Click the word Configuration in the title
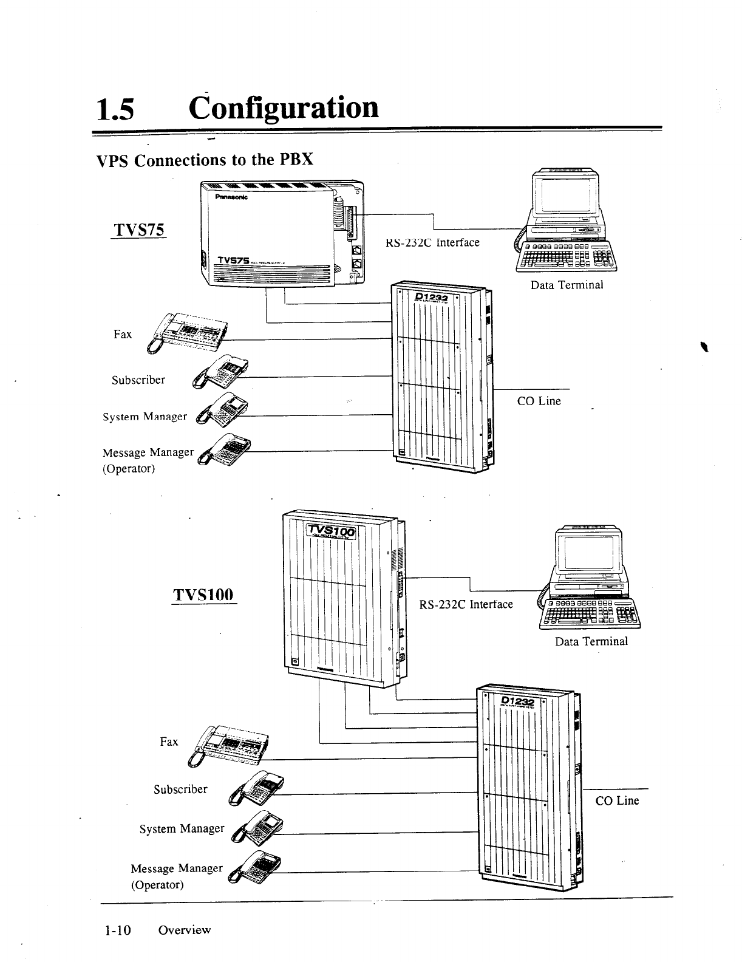284,107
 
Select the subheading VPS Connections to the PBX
205,160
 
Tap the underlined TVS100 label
203,594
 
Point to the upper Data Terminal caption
567,285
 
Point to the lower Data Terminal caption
591,641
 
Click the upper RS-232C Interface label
432,243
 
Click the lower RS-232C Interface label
466,604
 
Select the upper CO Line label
539,401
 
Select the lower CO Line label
617,800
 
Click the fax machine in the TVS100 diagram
230,745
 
